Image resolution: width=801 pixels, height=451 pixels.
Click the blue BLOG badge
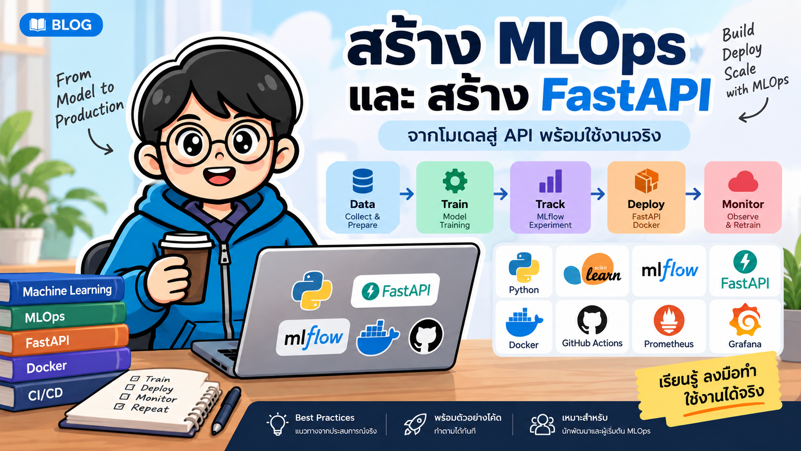click(x=61, y=24)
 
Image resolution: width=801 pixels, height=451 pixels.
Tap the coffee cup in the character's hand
click(x=186, y=266)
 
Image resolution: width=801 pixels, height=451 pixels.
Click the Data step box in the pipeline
click(x=363, y=197)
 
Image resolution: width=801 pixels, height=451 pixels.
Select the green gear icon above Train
click(x=455, y=181)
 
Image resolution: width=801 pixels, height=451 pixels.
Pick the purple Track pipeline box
click(x=550, y=197)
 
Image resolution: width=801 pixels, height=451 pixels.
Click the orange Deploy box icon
click(x=646, y=181)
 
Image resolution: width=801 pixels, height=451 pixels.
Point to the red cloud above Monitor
click(x=743, y=181)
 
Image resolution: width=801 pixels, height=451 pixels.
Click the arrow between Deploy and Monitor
click(x=693, y=194)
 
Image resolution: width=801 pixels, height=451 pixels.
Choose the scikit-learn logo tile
click(x=592, y=271)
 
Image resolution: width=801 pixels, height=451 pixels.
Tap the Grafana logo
click(x=745, y=320)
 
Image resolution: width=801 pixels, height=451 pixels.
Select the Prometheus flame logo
click(x=669, y=321)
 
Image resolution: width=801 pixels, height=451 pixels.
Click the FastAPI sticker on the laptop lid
click(x=395, y=290)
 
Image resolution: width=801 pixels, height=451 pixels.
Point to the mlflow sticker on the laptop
click(x=313, y=337)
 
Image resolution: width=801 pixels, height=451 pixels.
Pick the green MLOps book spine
click(x=63, y=317)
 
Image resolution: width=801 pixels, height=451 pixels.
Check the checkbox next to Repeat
click(x=119, y=406)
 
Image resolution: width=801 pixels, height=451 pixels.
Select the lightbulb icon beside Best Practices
click(x=277, y=424)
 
